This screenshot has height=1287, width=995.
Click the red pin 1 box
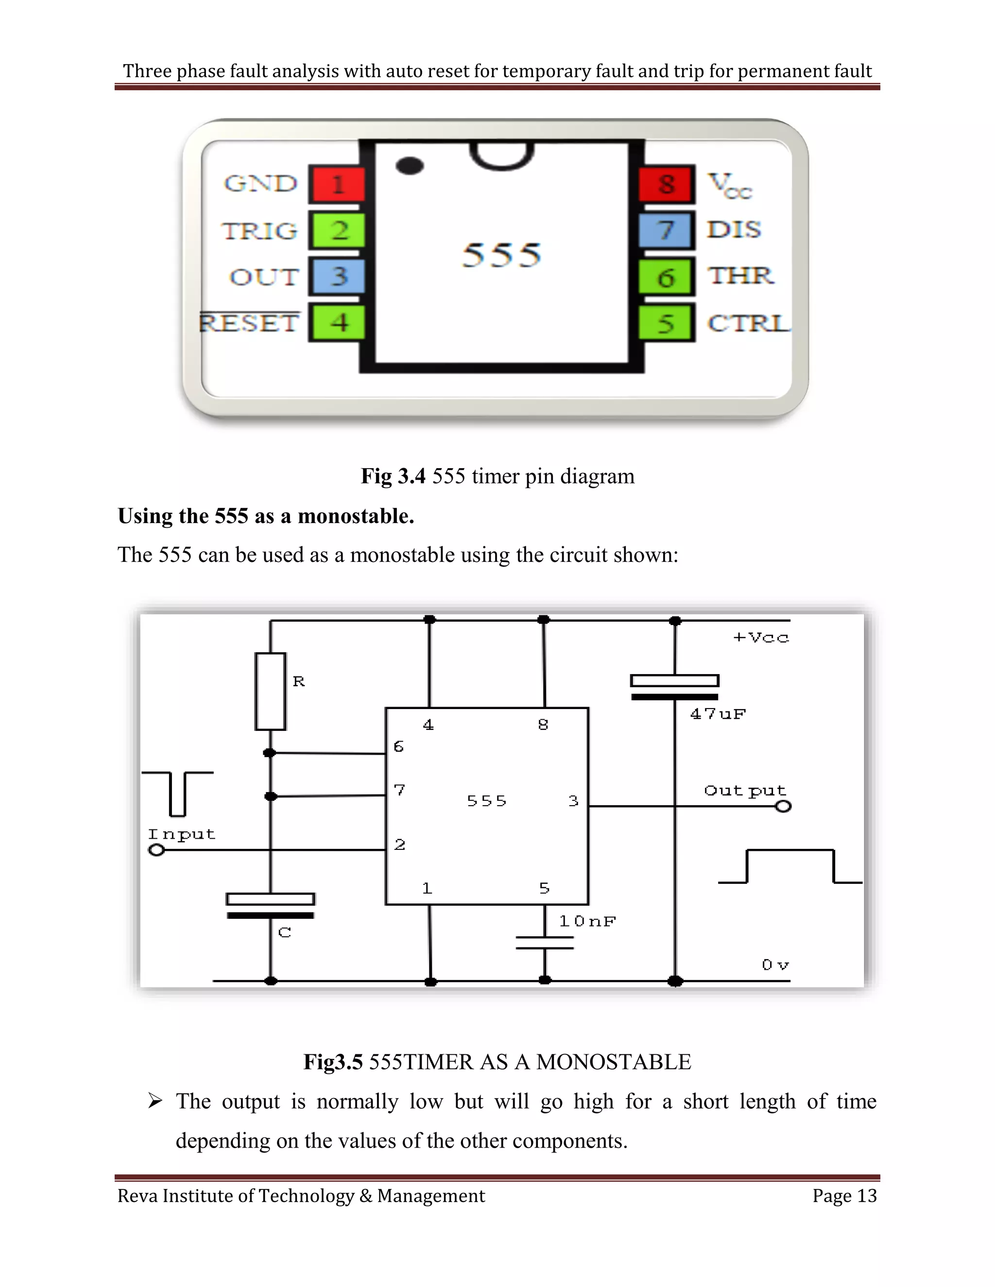pos(337,184)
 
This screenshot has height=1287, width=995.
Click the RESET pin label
pos(249,323)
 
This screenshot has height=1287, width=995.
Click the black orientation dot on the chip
pos(410,166)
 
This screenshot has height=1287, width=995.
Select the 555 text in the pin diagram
pos(501,254)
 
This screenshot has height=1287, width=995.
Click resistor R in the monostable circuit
pos(271,691)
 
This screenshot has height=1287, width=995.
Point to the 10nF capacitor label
pos(587,921)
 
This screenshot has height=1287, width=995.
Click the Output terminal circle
pos(783,806)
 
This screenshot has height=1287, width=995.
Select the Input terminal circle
pos(156,850)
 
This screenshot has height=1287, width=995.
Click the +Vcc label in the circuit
pos(760,638)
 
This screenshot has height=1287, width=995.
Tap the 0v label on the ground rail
pos(774,965)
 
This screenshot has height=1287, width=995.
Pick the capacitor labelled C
pos(271,907)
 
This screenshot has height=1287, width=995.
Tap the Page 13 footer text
pos(844,1196)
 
